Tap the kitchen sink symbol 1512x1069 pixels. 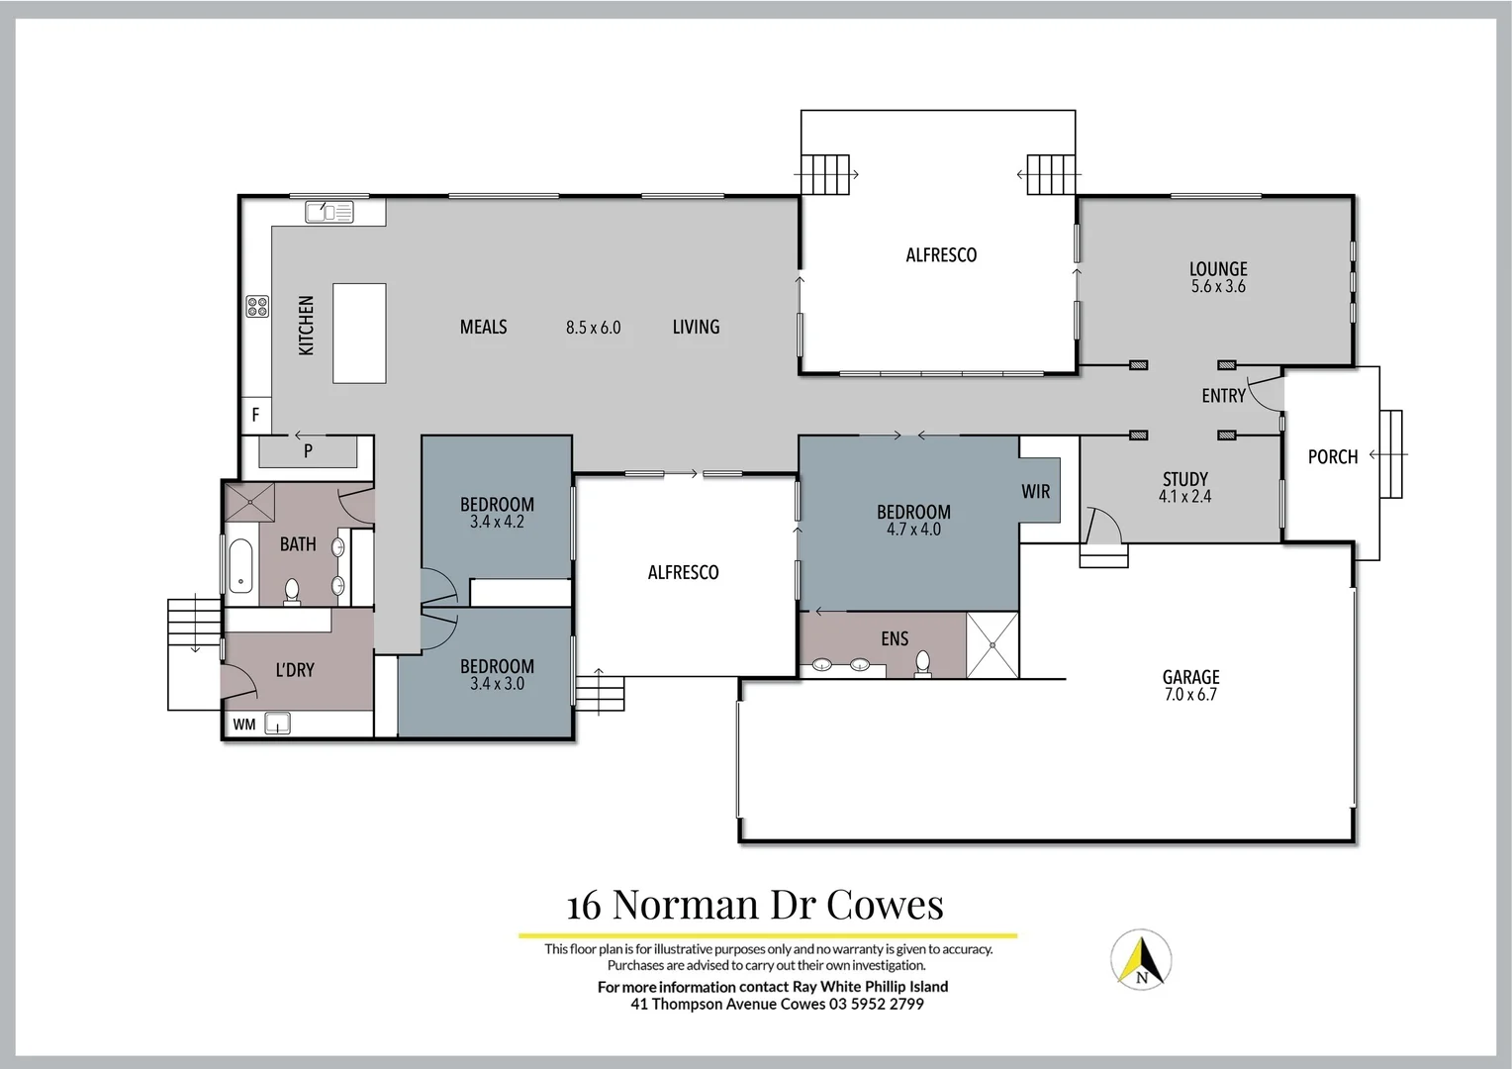tap(330, 212)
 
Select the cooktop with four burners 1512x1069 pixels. tap(257, 307)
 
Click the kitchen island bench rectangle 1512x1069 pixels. tap(359, 334)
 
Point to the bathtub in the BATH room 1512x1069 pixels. tap(240, 565)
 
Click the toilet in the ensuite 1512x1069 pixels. tap(923, 663)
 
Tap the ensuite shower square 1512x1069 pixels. tap(992, 645)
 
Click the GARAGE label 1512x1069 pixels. tap(1190, 677)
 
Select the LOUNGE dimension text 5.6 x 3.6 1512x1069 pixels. tap(1218, 287)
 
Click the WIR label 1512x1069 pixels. tap(1036, 492)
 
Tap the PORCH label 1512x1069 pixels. tap(1332, 457)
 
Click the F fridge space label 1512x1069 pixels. tap(255, 415)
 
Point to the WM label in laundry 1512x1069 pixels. tap(244, 725)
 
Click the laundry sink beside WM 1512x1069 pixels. tap(278, 724)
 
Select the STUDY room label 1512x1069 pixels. tap(1184, 479)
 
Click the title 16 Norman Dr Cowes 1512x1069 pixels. tap(755, 905)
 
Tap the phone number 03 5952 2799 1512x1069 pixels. tap(877, 1004)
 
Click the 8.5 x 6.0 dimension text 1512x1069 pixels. tap(593, 328)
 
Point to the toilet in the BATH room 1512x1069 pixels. tap(292, 591)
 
